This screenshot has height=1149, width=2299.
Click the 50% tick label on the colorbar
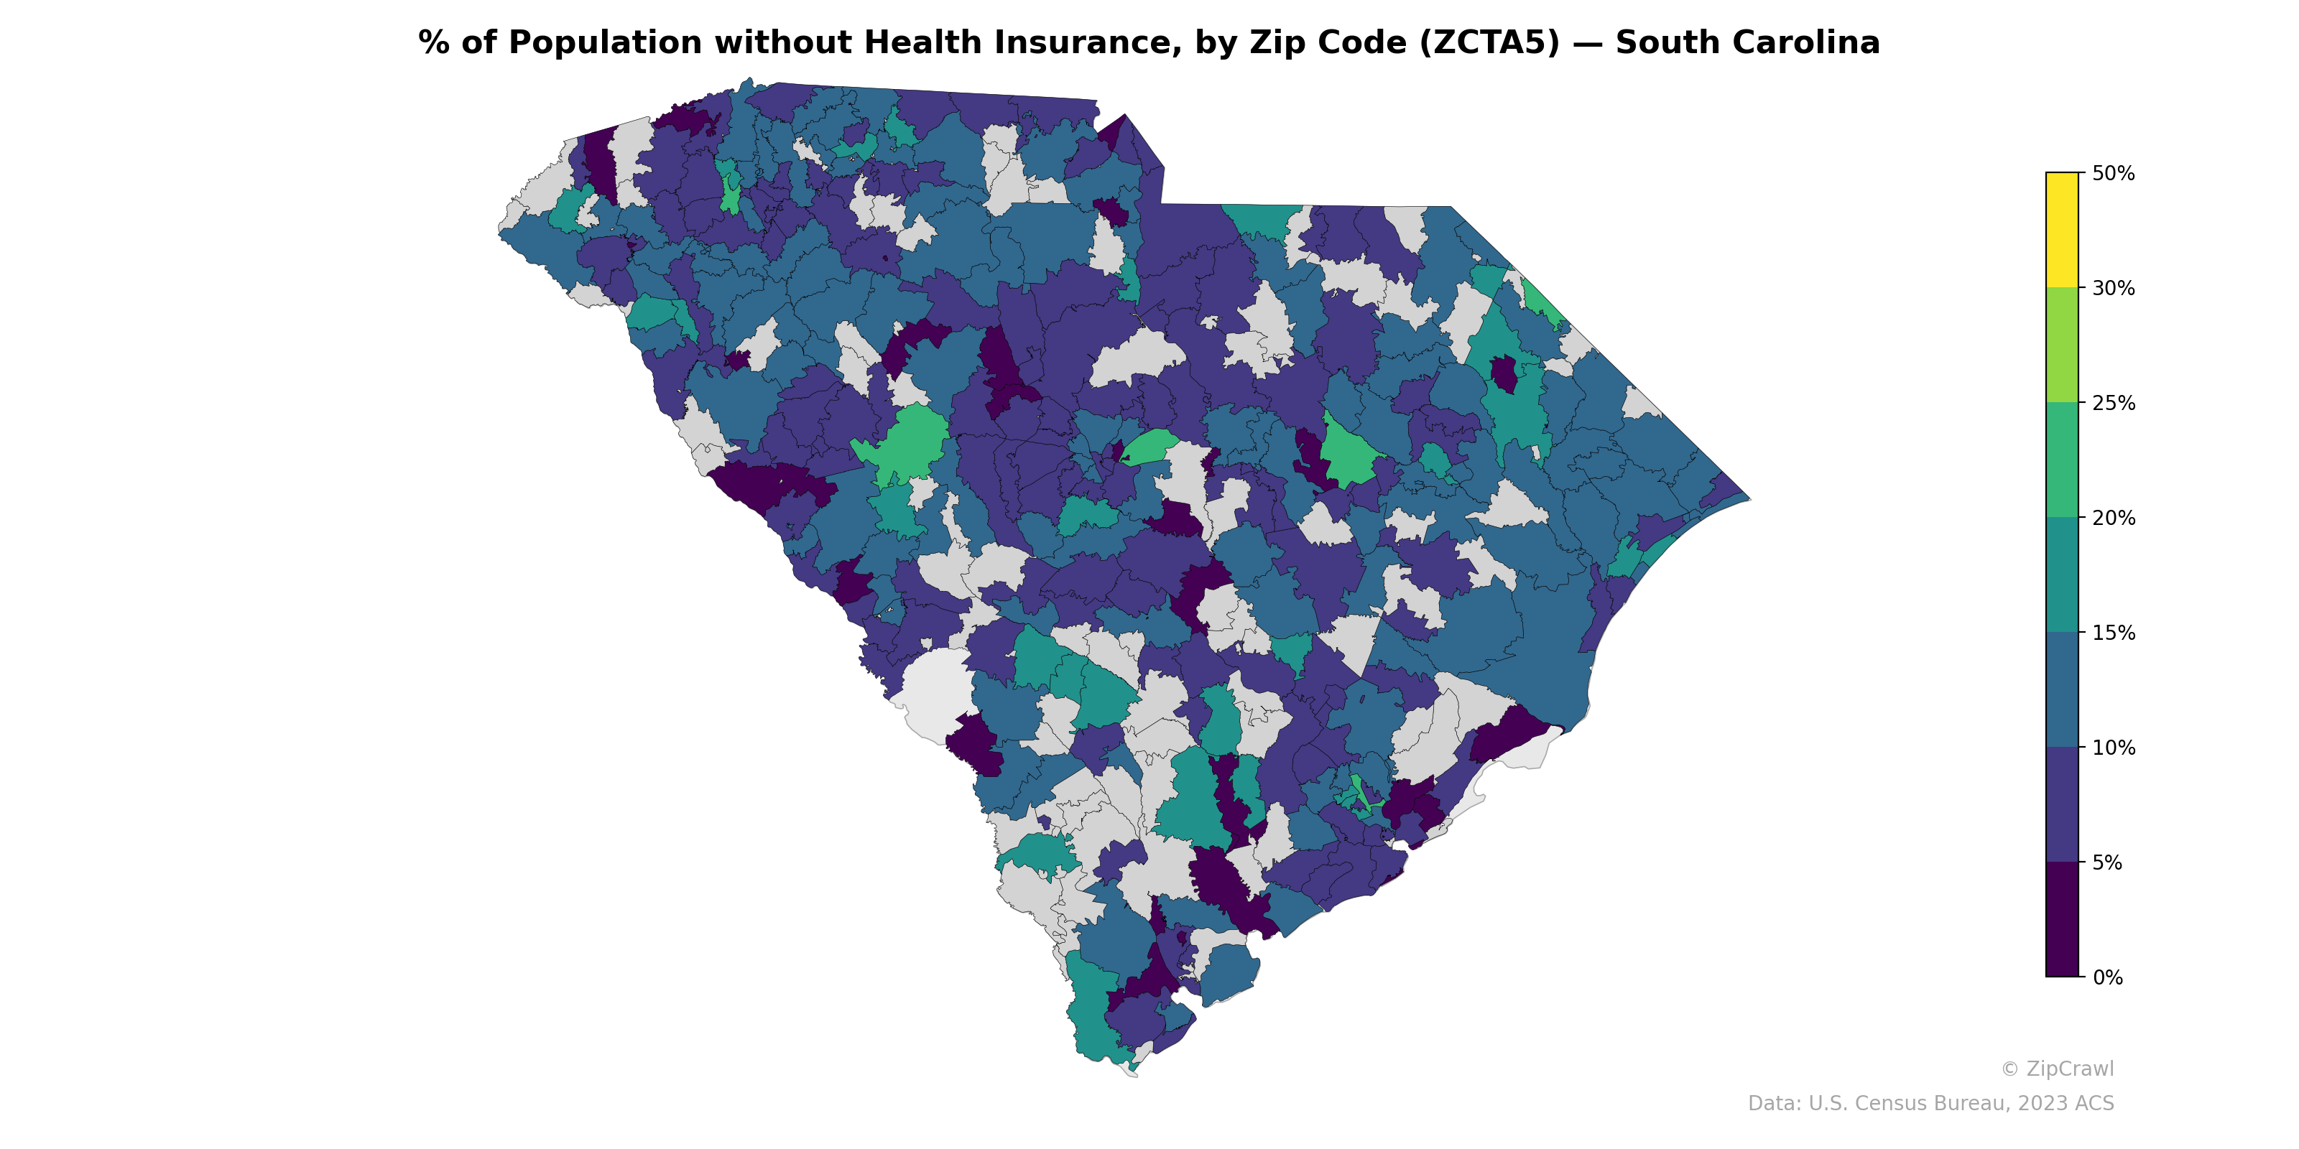point(2112,173)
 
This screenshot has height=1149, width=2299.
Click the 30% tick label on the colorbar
point(2112,288)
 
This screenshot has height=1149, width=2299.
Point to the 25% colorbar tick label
point(2112,403)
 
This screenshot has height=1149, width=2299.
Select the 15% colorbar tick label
point(2112,633)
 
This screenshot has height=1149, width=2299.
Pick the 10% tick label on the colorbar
point(2112,748)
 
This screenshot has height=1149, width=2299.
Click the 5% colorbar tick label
point(2107,862)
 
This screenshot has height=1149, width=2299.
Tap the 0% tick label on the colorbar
point(2107,977)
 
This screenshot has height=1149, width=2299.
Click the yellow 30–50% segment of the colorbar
point(2062,230)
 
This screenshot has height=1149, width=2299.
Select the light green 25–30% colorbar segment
point(2062,345)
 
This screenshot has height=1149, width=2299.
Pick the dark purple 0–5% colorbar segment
point(2062,920)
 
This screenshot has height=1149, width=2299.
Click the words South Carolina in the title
point(1747,43)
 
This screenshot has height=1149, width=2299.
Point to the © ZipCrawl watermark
point(2056,1069)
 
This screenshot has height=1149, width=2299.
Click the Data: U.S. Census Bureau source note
point(1930,1104)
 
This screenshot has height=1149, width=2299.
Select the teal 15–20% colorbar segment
point(2062,575)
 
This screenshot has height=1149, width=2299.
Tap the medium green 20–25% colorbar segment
point(2062,460)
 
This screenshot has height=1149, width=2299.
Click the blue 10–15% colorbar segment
point(2062,690)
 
